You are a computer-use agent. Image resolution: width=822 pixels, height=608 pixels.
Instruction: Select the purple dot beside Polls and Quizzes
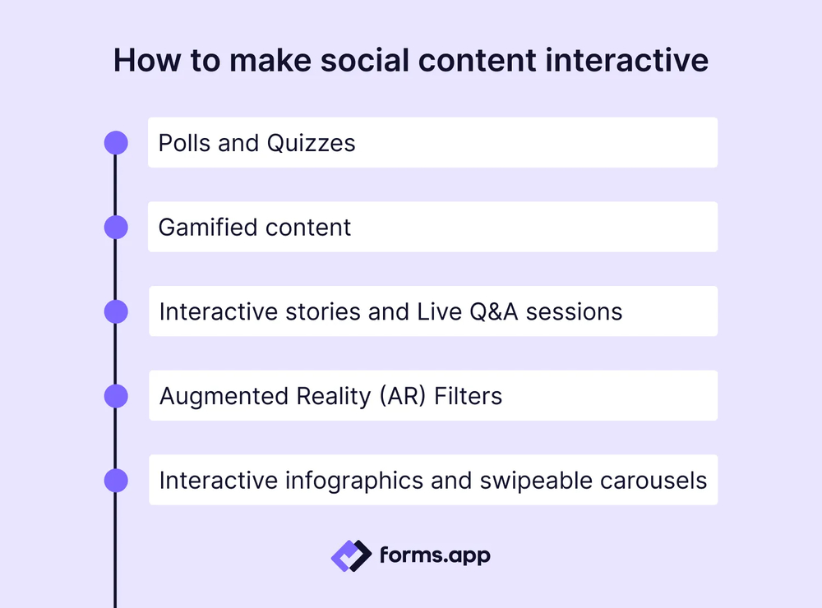(116, 143)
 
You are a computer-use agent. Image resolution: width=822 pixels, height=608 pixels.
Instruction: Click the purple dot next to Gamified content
(116, 227)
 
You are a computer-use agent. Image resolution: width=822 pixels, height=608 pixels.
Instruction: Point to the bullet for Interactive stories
(116, 311)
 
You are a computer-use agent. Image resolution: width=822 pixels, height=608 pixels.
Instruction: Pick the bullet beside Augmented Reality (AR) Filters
(116, 396)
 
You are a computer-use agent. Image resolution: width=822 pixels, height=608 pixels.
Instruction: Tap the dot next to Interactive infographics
(116, 480)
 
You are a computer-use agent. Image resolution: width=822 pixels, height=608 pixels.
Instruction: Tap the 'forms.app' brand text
(435, 555)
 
